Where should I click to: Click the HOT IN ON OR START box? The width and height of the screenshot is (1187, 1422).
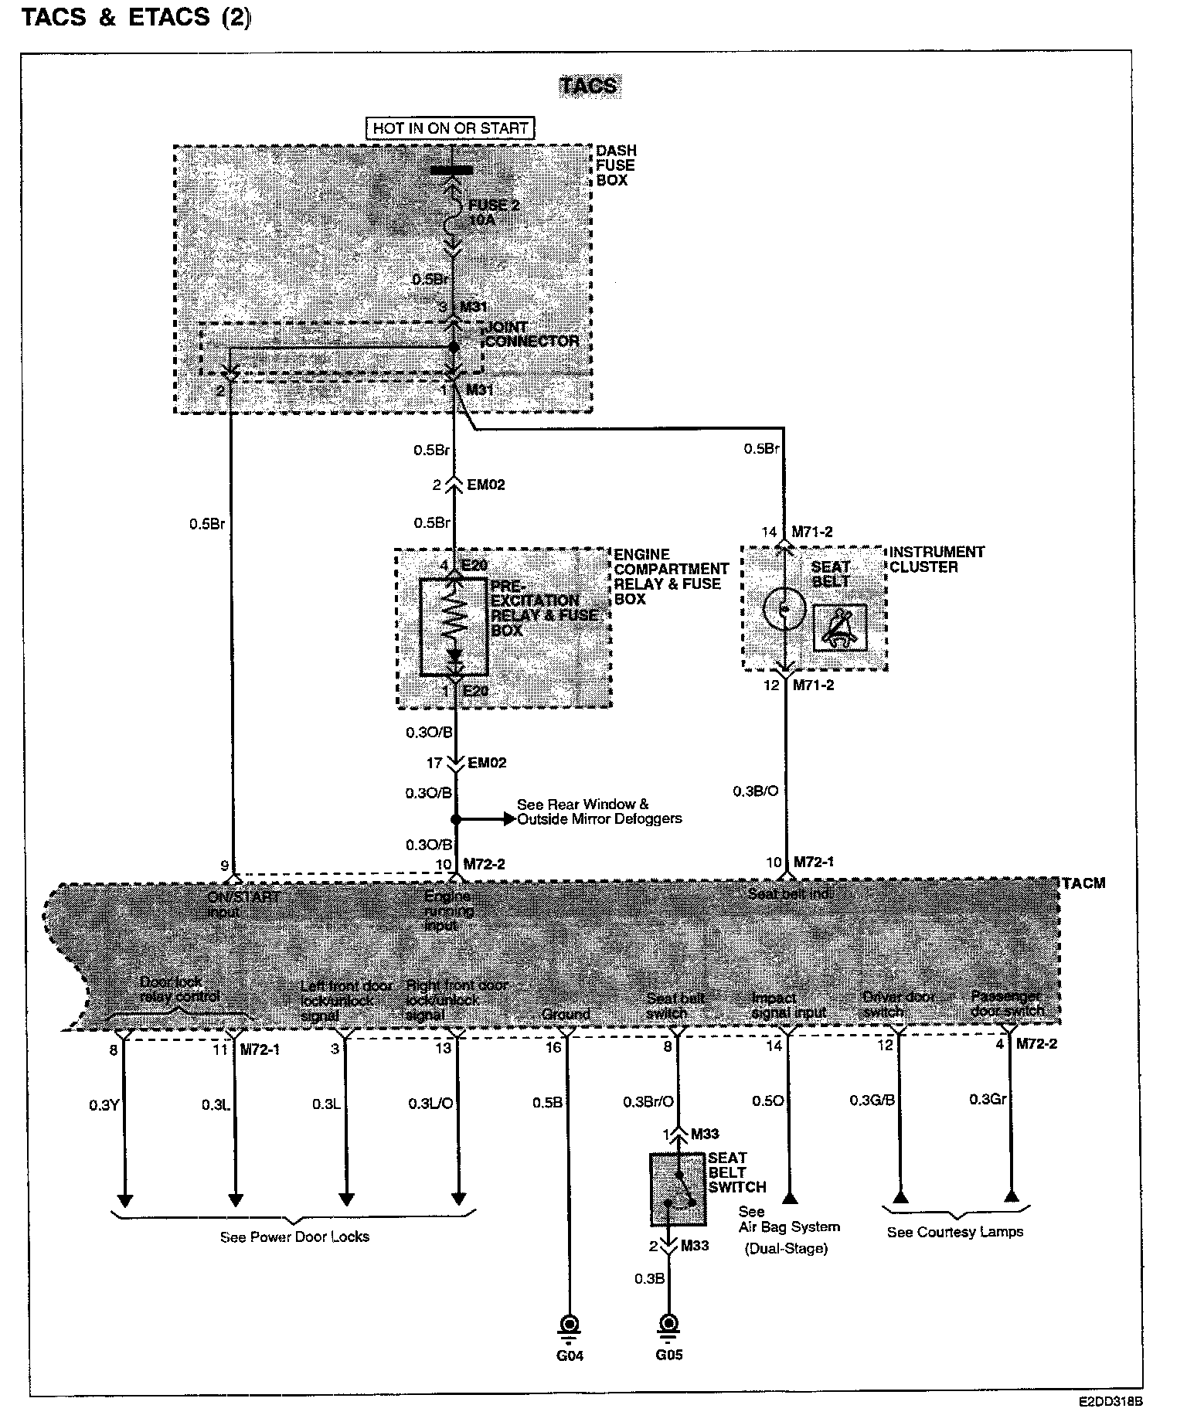(451, 128)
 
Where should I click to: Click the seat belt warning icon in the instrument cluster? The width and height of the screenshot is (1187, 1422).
(839, 627)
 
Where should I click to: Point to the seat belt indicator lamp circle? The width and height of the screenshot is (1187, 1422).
(784, 609)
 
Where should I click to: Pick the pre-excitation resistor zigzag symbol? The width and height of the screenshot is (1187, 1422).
(454, 617)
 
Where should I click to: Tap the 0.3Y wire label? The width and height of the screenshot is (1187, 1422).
(104, 1104)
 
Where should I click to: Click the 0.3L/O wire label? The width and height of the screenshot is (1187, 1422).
(430, 1104)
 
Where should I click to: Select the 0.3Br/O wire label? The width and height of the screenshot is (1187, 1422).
(648, 1102)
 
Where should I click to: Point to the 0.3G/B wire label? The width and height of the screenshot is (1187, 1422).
(872, 1100)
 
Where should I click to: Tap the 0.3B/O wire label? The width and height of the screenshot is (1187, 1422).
(755, 791)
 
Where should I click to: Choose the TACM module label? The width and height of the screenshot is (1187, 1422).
(1083, 883)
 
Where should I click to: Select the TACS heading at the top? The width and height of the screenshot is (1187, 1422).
(589, 86)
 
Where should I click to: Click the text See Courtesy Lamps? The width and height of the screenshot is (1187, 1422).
(954, 1232)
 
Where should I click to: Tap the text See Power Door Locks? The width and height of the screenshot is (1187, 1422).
(294, 1237)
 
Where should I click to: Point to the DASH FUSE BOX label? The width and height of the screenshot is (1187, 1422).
(615, 165)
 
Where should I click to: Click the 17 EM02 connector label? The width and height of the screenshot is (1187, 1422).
(468, 763)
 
